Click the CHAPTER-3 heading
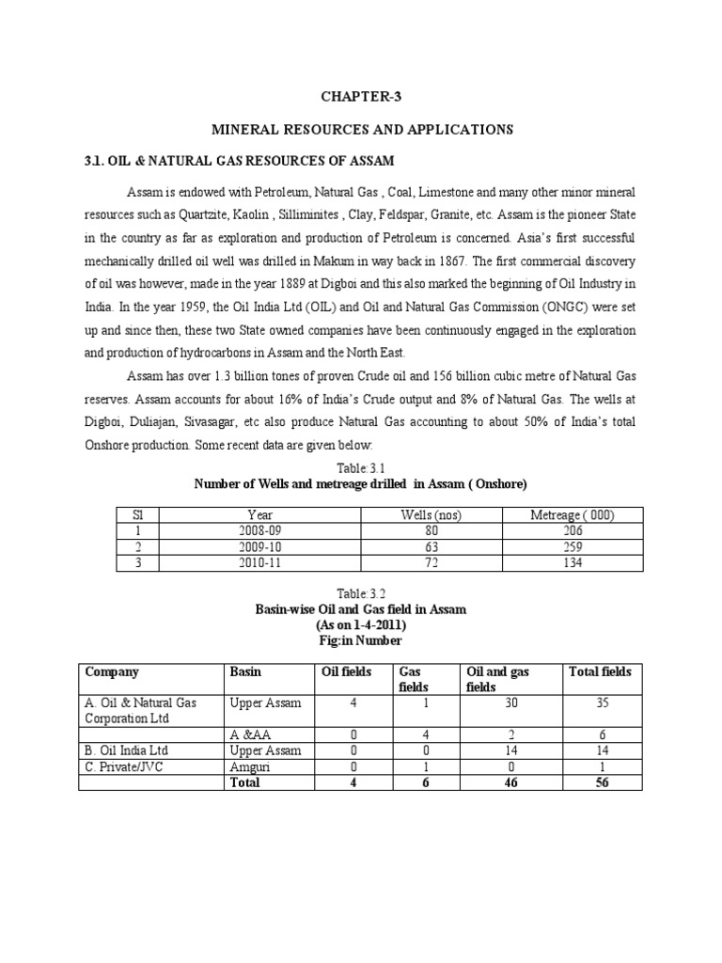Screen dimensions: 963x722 361,95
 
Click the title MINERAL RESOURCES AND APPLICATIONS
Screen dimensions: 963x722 361,128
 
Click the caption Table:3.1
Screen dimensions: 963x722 361,467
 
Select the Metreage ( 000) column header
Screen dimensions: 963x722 573,514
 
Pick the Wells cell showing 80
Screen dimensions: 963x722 432,530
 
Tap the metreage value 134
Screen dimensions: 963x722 573,562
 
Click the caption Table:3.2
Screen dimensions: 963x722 361,594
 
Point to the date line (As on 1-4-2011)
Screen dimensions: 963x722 361,624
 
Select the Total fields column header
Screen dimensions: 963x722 601,671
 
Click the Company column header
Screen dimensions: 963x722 112,671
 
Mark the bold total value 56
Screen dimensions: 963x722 602,782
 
